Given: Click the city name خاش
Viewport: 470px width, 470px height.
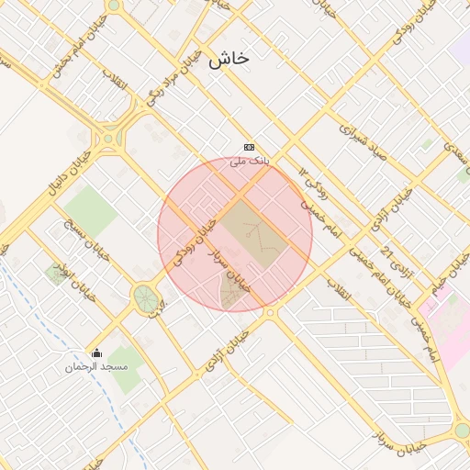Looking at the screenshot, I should click(x=228, y=59).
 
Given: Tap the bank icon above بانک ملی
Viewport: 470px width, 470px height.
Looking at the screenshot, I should click(x=249, y=147).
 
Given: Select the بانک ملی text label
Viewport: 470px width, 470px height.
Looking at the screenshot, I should click(x=238, y=162).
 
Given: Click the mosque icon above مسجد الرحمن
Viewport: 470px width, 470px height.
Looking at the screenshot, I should click(x=96, y=353).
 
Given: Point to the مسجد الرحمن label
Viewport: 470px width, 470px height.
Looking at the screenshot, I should click(x=95, y=367).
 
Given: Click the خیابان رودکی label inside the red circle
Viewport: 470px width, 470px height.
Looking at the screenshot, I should click(x=196, y=237).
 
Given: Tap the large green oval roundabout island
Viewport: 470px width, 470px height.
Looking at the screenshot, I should click(x=145, y=297).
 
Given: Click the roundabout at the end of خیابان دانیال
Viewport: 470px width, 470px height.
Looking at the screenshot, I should click(x=110, y=140).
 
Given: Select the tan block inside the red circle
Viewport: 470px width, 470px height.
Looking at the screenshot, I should click(x=249, y=233).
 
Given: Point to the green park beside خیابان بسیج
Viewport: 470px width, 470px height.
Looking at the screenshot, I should click(x=90, y=209).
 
